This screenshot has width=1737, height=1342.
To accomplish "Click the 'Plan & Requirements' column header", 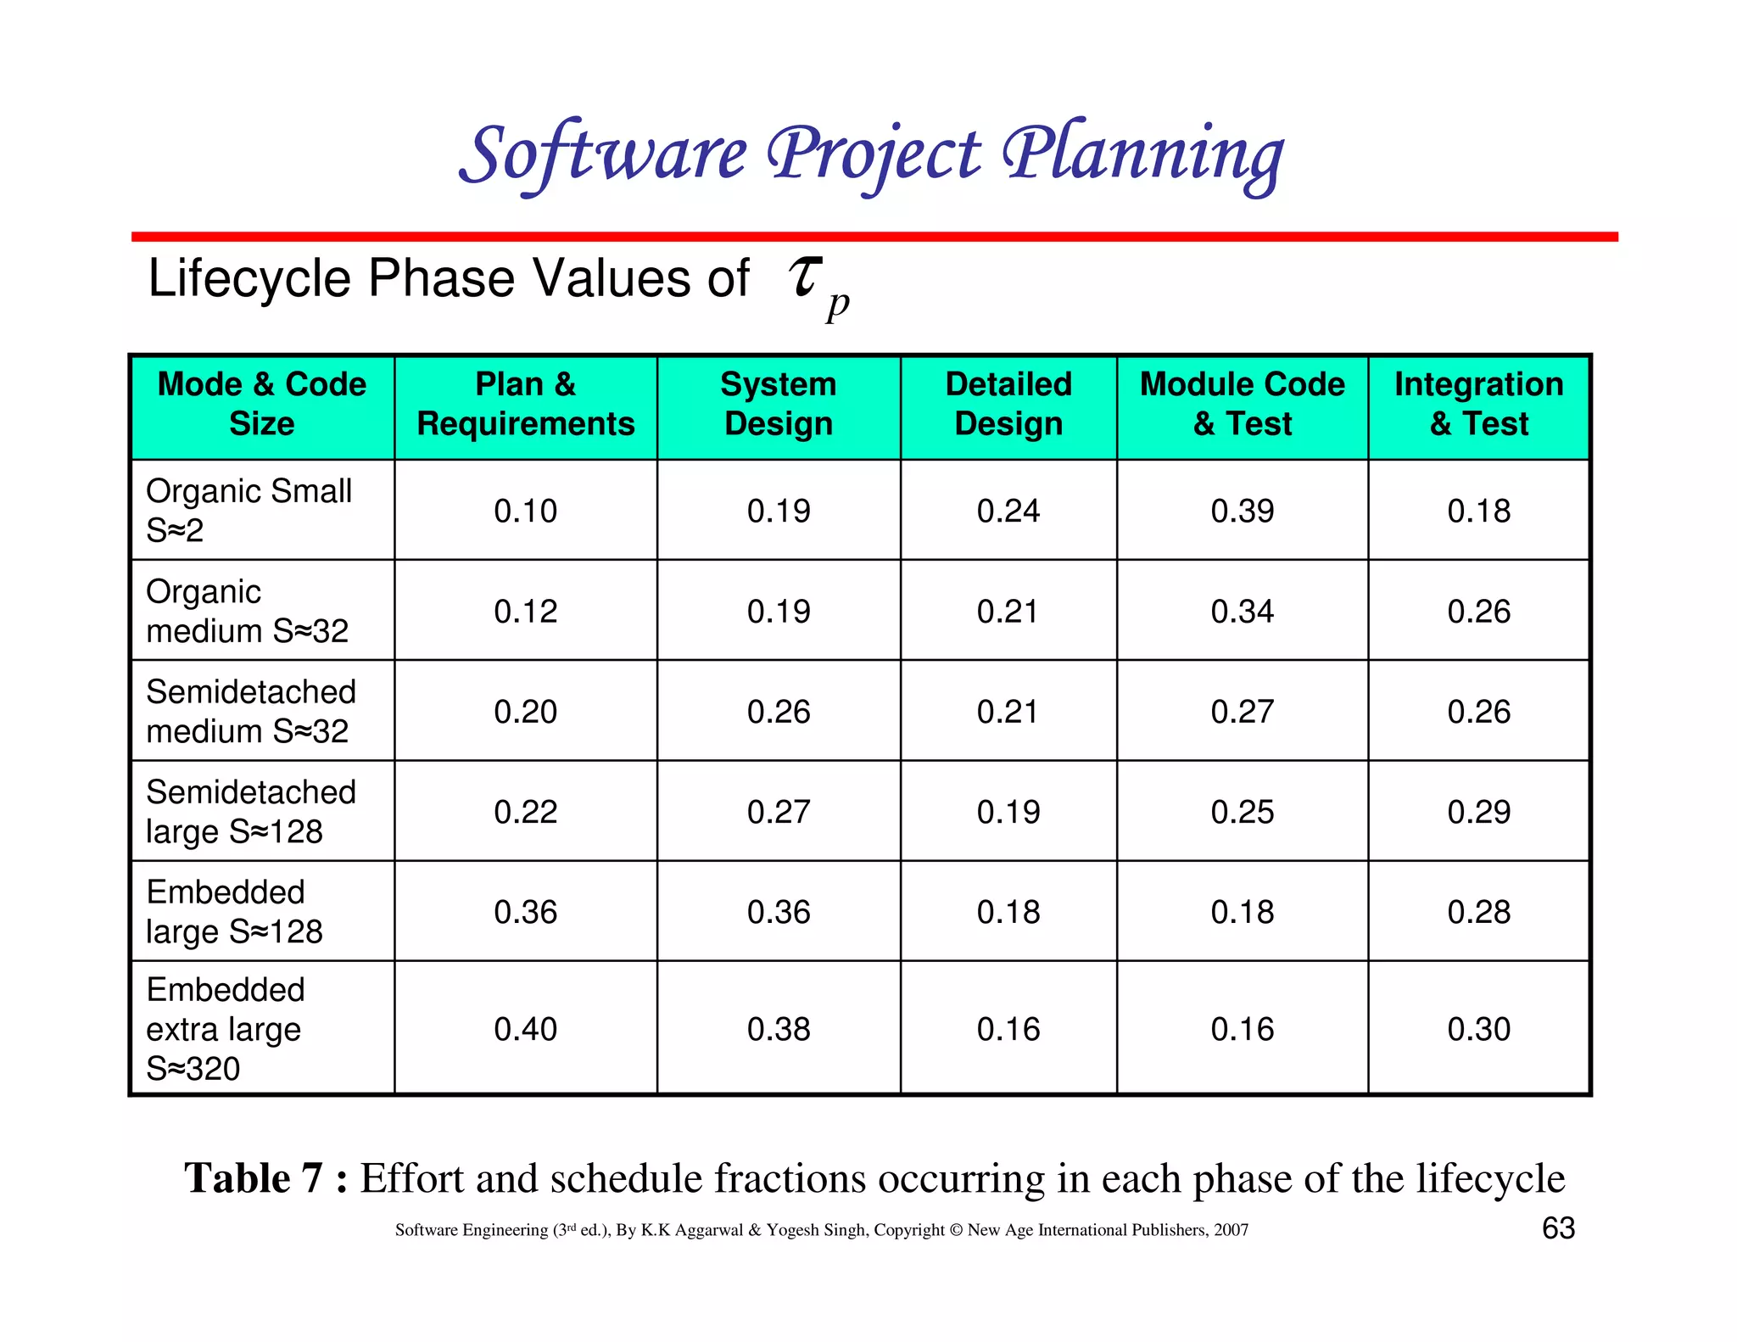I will tap(525, 404).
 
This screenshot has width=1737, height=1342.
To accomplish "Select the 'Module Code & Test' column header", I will tap(1242, 404).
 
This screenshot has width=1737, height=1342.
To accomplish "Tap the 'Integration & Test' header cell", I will tap(1478, 404).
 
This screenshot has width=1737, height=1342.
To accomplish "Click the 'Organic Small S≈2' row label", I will tap(249, 510).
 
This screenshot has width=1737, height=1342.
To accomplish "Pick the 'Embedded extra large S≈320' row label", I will tap(225, 1028).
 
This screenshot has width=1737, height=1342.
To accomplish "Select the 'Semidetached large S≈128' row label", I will tap(250, 811).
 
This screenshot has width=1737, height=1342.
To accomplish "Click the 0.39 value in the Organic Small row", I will tap(1242, 511).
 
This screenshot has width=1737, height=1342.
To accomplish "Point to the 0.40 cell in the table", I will tap(525, 1029).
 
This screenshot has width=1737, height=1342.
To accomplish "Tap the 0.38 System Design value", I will tap(779, 1029).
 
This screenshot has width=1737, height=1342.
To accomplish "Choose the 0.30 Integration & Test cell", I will tap(1478, 1029).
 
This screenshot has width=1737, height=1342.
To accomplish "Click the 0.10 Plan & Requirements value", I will tap(525, 511).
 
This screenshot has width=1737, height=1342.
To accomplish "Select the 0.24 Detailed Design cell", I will tap(1008, 511).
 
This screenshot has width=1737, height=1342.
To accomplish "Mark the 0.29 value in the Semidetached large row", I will tap(1478, 812).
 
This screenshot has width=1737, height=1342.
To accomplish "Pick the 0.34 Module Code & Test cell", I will tap(1242, 611).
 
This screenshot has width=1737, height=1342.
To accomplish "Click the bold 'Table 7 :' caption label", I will tap(265, 1178).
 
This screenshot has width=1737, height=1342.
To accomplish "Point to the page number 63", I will tap(1558, 1228).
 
